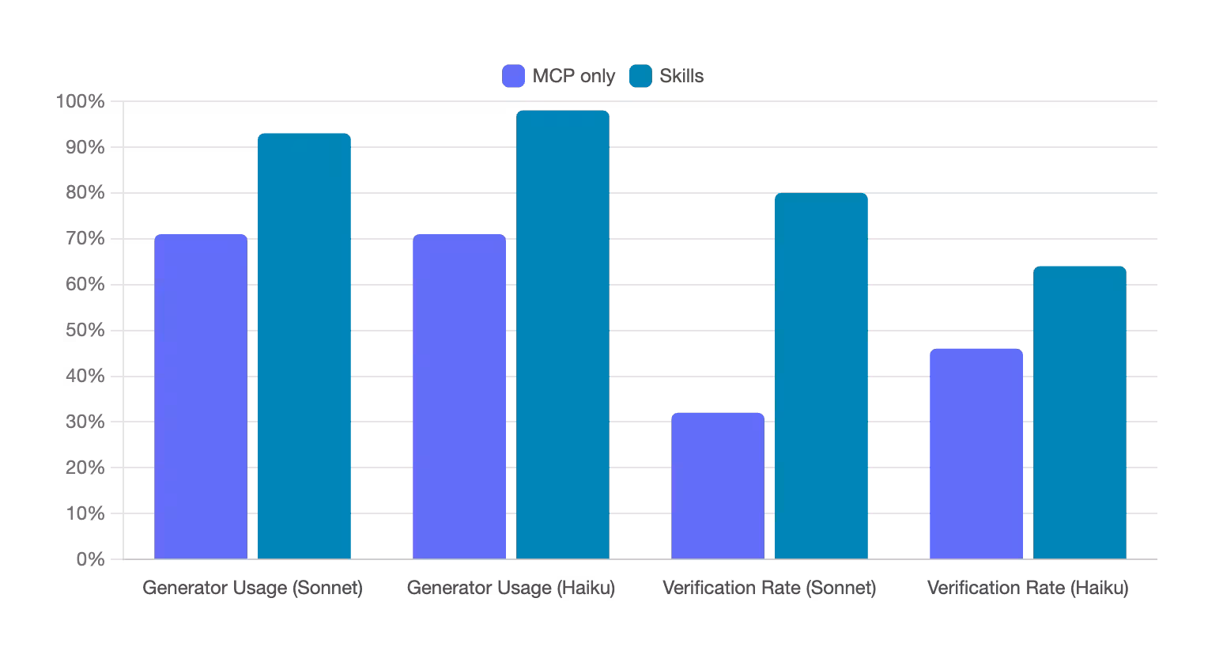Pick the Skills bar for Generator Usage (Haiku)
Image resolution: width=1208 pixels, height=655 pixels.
click(563, 335)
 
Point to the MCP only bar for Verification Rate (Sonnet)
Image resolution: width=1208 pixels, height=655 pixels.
click(718, 486)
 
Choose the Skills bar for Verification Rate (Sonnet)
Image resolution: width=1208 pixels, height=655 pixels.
click(821, 377)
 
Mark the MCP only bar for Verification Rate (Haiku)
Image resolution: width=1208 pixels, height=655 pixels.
click(976, 454)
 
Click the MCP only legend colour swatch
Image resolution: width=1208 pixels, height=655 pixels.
click(514, 76)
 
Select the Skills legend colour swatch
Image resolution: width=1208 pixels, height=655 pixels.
click(640, 76)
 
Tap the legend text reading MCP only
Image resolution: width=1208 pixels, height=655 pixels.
click(573, 76)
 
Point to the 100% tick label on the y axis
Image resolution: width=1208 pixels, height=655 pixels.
click(80, 101)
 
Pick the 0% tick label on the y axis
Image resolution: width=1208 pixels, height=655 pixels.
click(90, 559)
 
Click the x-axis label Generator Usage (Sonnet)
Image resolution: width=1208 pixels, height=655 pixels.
click(252, 589)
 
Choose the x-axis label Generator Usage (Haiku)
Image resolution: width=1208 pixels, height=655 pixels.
click(511, 589)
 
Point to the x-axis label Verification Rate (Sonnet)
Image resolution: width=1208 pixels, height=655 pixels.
click(769, 589)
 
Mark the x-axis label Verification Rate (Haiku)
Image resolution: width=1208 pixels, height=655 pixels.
click(1028, 589)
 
